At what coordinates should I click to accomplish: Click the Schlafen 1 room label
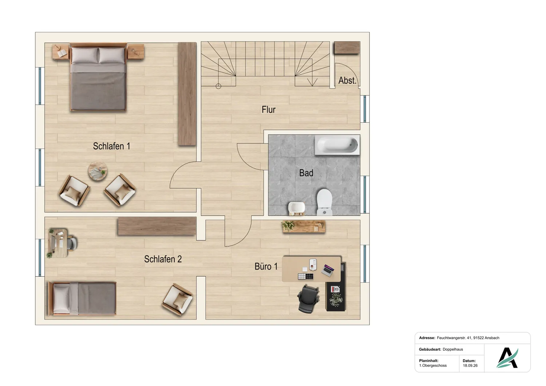[111, 146]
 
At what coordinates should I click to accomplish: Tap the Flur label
[268, 110]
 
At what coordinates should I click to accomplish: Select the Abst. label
[347, 80]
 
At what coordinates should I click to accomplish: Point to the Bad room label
[306, 173]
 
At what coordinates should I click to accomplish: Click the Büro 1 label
[266, 266]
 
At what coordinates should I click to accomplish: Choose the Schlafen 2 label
[163, 259]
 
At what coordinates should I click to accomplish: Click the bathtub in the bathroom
[337, 145]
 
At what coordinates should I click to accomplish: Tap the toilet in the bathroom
[324, 202]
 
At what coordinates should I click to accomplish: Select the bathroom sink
[296, 209]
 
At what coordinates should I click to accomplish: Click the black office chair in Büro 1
[308, 299]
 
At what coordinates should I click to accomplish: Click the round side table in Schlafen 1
[98, 171]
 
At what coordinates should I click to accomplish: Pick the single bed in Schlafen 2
[82, 299]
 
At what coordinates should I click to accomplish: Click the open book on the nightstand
[62, 53]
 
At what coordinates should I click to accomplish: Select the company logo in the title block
[507, 358]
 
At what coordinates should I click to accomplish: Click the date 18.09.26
[470, 366]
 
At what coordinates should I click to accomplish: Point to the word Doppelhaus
[453, 349]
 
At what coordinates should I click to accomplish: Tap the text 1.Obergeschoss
[433, 366]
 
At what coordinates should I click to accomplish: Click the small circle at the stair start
[218, 86]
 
